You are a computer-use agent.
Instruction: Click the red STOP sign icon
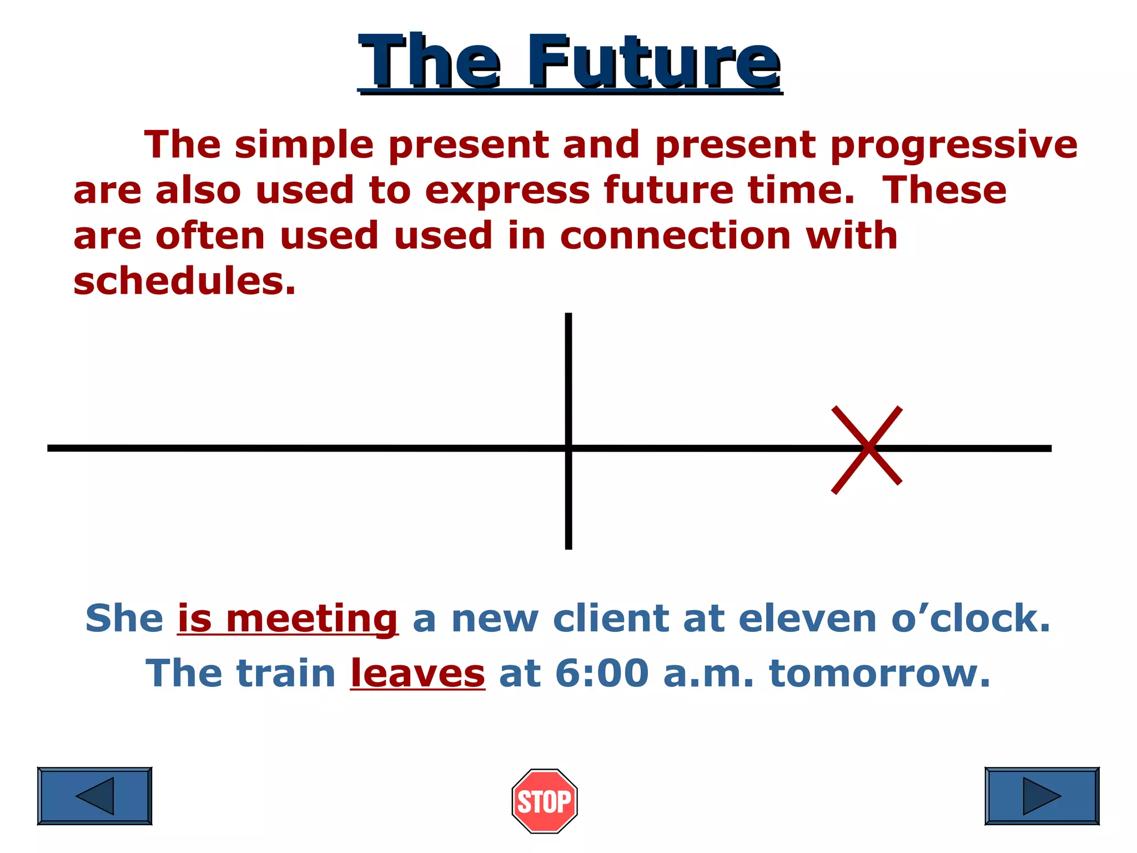coord(544,801)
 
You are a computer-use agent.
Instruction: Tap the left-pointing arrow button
coord(94,796)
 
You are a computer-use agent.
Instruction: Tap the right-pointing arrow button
coord(1042,796)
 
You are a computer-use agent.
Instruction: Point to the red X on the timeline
coord(867,449)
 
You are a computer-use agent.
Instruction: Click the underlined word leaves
coord(417,674)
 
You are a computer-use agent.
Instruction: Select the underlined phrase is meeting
coord(288,619)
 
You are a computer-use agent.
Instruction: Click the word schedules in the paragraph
coord(184,281)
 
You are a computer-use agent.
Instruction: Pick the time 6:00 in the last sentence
coord(602,674)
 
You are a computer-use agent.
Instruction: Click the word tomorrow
coord(879,674)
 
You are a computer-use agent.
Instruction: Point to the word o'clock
coord(970,619)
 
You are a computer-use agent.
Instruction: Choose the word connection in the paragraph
coord(675,235)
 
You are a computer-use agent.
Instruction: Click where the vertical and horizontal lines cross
coord(568,448)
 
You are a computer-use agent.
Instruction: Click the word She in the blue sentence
coord(124,619)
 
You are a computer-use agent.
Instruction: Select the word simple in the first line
coord(304,145)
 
